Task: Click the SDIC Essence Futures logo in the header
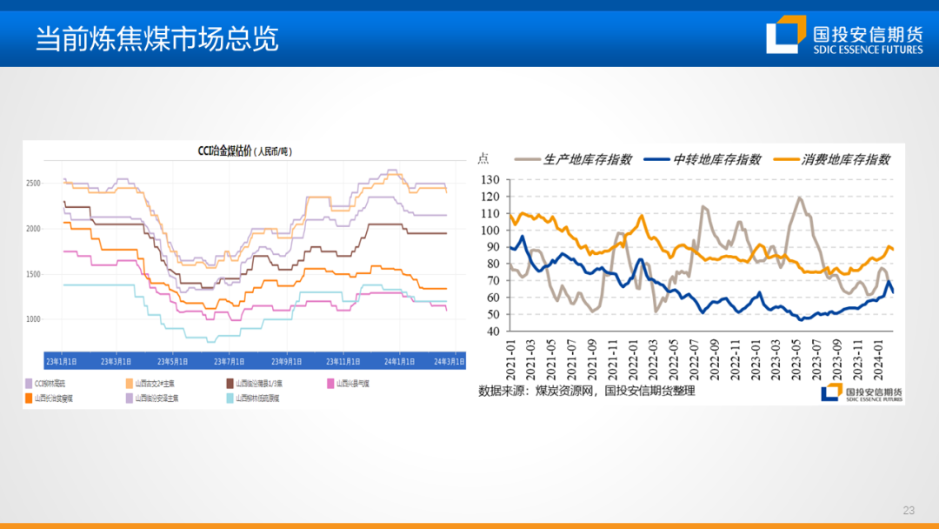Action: coord(844,36)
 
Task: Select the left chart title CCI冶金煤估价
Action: coord(244,151)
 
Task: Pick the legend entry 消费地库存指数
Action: coord(846,159)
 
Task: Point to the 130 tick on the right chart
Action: coord(489,180)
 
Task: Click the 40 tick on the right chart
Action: coord(492,331)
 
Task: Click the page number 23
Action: coord(909,510)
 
